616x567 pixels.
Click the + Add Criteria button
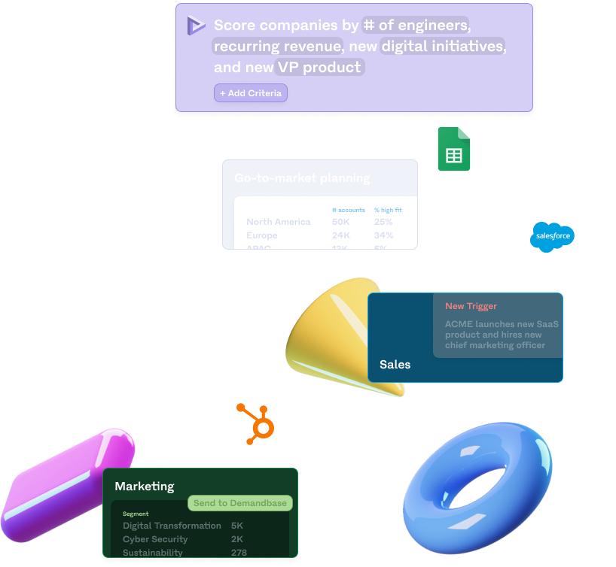click(250, 93)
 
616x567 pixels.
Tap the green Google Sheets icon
click(454, 149)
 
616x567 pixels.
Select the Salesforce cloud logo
click(553, 236)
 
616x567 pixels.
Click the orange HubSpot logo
click(258, 422)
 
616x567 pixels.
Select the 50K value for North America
click(341, 222)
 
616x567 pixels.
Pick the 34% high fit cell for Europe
click(383, 235)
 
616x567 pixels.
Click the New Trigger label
click(471, 306)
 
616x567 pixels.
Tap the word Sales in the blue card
click(395, 365)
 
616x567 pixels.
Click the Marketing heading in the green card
click(144, 487)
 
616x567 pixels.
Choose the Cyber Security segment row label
click(155, 539)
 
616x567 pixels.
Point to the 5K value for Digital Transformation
click(237, 526)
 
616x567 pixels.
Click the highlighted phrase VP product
click(319, 67)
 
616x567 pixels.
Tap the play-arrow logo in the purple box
click(196, 25)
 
